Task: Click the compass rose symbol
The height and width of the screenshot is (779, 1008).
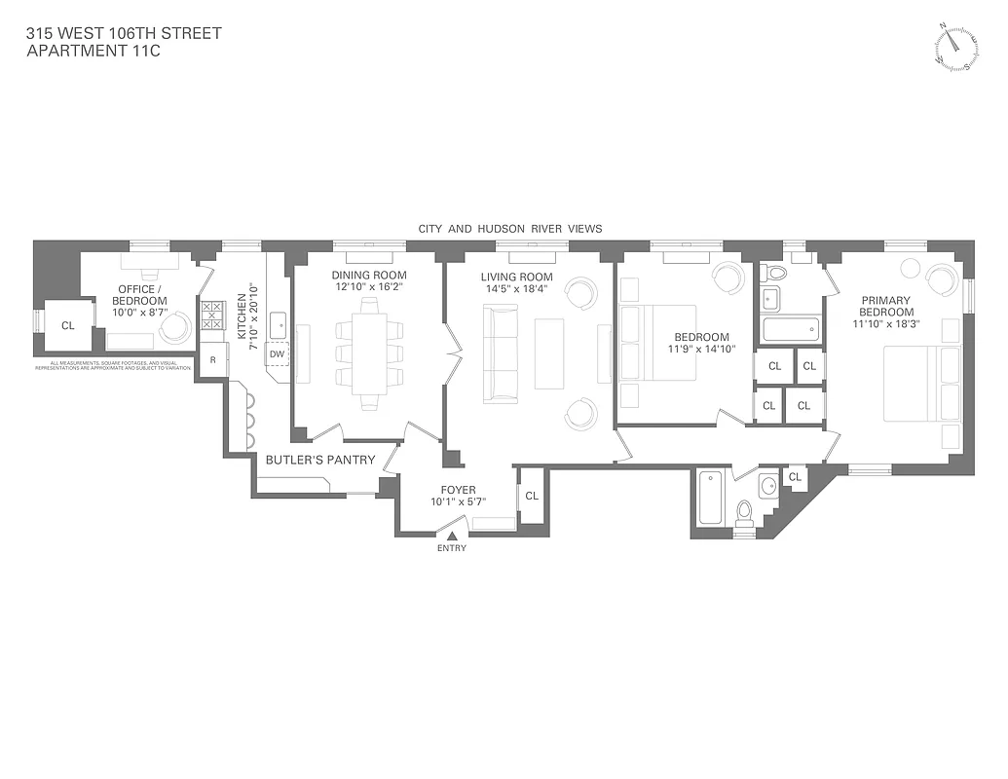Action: pyautogui.click(x=955, y=47)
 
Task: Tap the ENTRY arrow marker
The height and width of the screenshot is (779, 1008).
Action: pyautogui.click(x=451, y=535)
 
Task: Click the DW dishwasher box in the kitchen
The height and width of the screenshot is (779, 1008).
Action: pyautogui.click(x=277, y=354)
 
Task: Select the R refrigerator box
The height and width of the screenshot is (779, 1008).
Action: pyautogui.click(x=212, y=360)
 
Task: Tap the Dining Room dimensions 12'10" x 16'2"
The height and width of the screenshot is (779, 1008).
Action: pyautogui.click(x=368, y=287)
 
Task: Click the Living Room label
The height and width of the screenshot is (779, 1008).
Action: pyautogui.click(x=516, y=277)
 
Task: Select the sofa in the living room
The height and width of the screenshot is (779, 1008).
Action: pyautogui.click(x=502, y=352)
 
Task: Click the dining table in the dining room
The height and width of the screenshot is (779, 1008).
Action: pyautogui.click(x=368, y=352)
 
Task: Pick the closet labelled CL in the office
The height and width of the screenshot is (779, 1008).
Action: pyautogui.click(x=67, y=325)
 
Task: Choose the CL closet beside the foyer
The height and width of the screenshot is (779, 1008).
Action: pyautogui.click(x=532, y=496)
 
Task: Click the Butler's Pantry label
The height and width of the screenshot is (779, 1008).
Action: pyautogui.click(x=307, y=460)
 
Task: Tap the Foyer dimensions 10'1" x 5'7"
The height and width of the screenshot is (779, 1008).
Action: pyautogui.click(x=458, y=502)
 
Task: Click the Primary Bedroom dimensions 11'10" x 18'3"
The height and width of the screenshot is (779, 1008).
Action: pyautogui.click(x=884, y=323)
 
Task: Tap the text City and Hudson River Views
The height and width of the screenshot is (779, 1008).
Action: pyautogui.click(x=510, y=229)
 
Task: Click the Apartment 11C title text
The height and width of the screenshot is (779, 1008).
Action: pyautogui.click(x=93, y=51)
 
